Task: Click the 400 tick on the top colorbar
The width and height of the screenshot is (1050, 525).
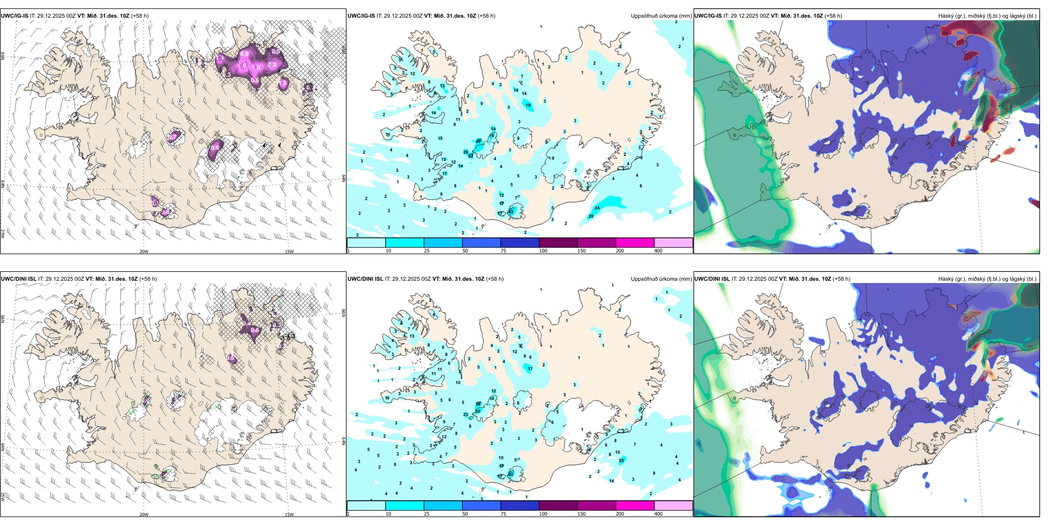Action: (658, 251)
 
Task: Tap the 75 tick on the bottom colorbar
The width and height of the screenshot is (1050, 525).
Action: (503, 514)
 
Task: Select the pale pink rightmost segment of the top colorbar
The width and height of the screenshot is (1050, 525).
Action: (673, 243)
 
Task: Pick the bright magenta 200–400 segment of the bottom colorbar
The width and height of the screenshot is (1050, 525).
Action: (635, 506)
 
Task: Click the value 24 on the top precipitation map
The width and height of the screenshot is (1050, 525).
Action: (597, 208)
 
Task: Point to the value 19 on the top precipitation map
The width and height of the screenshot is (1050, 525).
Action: (528, 105)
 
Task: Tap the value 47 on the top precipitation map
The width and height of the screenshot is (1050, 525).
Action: (479, 141)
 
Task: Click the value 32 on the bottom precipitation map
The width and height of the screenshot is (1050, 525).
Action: (511, 474)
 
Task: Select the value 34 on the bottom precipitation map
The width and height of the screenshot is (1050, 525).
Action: (478, 405)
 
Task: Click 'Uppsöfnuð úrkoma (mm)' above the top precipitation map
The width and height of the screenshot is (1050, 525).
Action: (661, 16)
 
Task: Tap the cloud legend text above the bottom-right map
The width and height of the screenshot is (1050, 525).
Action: (987, 279)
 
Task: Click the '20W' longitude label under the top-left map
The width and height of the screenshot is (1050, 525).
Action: (144, 251)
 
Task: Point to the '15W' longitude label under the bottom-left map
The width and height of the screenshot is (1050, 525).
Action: (288, 514)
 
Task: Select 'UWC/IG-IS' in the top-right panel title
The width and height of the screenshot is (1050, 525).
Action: (708, 16)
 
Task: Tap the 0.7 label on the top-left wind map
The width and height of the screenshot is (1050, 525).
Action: (173, 136)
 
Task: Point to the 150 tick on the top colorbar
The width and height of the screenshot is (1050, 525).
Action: (581, 251)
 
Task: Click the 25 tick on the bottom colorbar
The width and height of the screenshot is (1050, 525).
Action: (427, 514)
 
